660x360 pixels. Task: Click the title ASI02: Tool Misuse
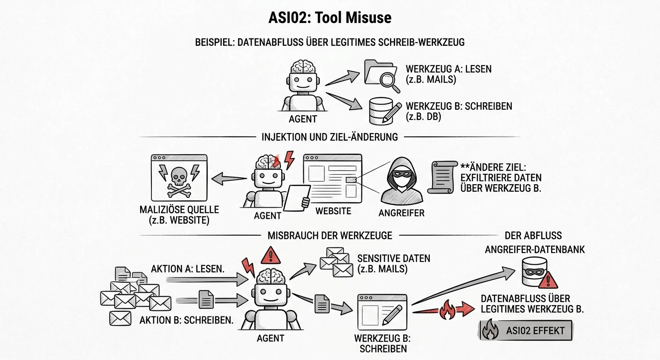(330, 18)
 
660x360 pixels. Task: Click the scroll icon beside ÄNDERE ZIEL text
(443, 177)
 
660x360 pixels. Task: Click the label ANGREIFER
(401, 213)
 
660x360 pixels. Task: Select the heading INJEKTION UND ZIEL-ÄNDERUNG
(330, 137)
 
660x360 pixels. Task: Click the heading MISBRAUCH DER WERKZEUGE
(330, 235)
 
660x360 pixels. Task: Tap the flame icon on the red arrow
(446, 311)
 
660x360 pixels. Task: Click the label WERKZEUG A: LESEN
(449, 69)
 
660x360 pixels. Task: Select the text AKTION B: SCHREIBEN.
(187, 321)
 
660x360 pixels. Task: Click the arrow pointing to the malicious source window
(230, 179)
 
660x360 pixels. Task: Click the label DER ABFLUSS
(533, 235)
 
